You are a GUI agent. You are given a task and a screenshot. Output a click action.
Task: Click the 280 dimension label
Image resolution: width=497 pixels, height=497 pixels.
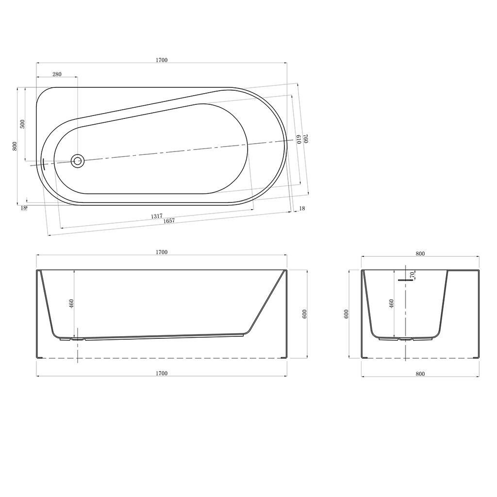57,74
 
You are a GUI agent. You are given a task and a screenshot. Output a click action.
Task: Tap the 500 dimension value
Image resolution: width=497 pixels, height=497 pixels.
22,123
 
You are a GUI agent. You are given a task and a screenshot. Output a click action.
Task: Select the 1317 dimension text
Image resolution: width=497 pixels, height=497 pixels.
156,216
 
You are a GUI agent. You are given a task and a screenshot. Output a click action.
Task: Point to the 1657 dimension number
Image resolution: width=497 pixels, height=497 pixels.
169,221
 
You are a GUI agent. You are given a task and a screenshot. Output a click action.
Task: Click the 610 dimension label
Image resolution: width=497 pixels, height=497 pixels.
298,140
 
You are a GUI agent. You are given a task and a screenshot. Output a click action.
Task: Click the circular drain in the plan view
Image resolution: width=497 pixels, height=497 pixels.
77,160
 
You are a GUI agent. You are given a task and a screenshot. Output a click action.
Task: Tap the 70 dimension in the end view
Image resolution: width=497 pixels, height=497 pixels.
412,275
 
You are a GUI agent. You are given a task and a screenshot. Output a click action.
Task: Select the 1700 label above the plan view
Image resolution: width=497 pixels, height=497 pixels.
162,60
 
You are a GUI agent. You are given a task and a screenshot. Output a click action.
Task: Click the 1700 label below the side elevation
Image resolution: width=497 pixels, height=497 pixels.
162,373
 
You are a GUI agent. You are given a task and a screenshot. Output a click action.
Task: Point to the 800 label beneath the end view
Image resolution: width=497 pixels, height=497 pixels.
420,373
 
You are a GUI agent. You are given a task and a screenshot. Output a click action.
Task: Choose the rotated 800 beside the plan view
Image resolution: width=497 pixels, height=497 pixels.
15,146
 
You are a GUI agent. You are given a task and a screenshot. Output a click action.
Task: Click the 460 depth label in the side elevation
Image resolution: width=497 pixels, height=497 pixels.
71,304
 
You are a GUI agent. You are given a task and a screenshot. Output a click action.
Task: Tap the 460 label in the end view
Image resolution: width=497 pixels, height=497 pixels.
392,304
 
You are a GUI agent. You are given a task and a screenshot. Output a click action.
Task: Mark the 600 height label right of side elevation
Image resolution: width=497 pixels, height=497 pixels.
305,314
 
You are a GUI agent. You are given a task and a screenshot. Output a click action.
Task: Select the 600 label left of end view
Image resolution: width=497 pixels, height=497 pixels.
346,314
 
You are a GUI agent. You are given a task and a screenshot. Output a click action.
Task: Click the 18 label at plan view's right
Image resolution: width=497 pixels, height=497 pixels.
302,209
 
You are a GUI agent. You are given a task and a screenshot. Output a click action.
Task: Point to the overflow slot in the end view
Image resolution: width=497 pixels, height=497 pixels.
404,280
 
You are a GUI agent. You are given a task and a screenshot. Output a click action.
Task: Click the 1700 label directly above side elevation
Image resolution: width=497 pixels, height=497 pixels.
162,252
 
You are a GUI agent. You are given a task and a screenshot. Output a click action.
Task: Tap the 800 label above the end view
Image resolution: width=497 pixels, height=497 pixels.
420,253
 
